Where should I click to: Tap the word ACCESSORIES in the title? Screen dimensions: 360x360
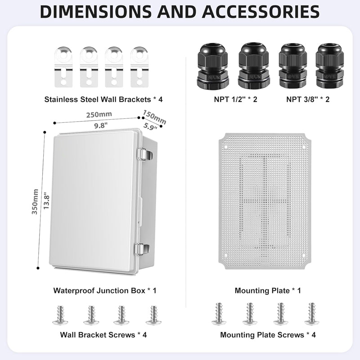click(x=260, y=12)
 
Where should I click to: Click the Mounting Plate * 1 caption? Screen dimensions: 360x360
click(x=267, y=291)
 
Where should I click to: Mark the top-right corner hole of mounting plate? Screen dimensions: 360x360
click(x=304, y=147)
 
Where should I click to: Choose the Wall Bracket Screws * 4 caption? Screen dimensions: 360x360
click(x=103, y=335)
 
